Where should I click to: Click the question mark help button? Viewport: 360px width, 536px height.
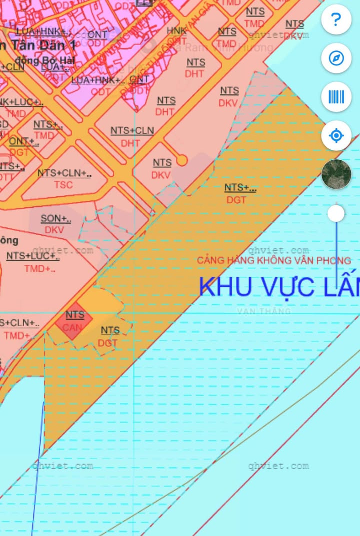coord(336,20)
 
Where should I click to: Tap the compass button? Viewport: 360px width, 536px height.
coord(336,58)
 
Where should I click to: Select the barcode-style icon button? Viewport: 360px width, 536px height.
coord(336,97)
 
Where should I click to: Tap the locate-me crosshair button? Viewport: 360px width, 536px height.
coord(336,135)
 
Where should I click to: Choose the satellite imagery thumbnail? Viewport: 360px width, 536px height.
coord(336,174)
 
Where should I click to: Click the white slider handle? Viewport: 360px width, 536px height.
coord(336,213)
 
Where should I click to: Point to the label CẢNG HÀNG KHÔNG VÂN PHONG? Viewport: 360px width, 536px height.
coord(273,260)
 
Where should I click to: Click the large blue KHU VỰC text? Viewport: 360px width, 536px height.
coord(278,287)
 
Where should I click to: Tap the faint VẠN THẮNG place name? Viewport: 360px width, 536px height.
coord(264,311)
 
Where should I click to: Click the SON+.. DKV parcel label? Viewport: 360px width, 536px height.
coord(55,224)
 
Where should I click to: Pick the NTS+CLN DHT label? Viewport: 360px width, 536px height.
coord(131,136)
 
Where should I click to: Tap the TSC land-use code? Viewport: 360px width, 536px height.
coord(63,185)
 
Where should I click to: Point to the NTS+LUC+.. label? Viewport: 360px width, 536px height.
coord(32,256)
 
